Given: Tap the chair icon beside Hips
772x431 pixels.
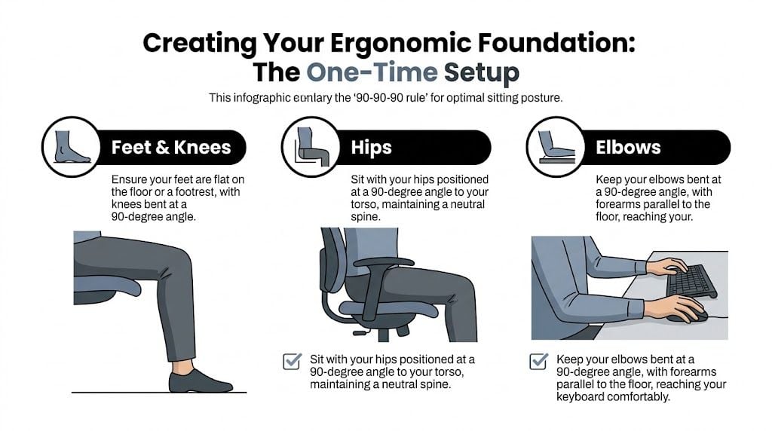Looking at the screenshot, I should pos(308,146).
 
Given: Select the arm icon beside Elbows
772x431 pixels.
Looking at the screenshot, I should pos(553,146).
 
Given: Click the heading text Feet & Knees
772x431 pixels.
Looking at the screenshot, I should pos(171,147).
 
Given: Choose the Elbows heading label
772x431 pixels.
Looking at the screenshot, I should pos(629,147).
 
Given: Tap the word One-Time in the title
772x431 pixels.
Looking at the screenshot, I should pos(372,72).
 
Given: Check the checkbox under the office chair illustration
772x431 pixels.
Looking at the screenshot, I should pos(292,362).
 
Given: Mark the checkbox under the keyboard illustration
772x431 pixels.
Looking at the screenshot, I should pos(538,362).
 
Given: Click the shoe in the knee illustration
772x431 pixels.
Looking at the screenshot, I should pos(200,381).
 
